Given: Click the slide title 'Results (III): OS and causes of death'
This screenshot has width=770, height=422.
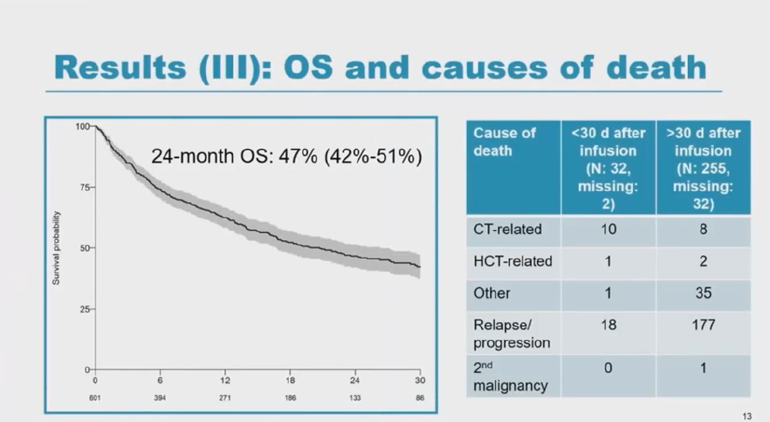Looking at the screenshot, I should (x=380, y=67).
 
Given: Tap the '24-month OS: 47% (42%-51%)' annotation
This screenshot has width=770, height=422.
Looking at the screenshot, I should (x=286, y=157).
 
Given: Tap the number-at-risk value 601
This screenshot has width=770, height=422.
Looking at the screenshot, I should (x=95, y=397).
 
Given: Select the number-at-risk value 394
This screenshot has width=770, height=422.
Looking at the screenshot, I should (x=160, y=397).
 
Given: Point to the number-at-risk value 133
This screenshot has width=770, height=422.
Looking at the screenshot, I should (x=355, y=397).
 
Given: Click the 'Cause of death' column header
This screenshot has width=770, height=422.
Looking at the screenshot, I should (x=505, y=141).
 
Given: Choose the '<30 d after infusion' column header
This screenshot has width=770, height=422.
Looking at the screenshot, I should (x=608, y=168).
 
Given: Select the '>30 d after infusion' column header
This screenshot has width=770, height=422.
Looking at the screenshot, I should (x=703, y=168).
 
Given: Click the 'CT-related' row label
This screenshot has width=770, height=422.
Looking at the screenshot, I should (x=508, y=229).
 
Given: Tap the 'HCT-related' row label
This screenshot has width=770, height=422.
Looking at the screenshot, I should (x=513, y=261).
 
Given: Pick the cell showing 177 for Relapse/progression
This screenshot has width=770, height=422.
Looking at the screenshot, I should (x=703, y=325).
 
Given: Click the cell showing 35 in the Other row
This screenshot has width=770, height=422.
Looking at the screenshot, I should (x=703, y=293).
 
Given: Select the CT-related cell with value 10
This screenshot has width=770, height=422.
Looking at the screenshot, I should (x=608, y=229).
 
